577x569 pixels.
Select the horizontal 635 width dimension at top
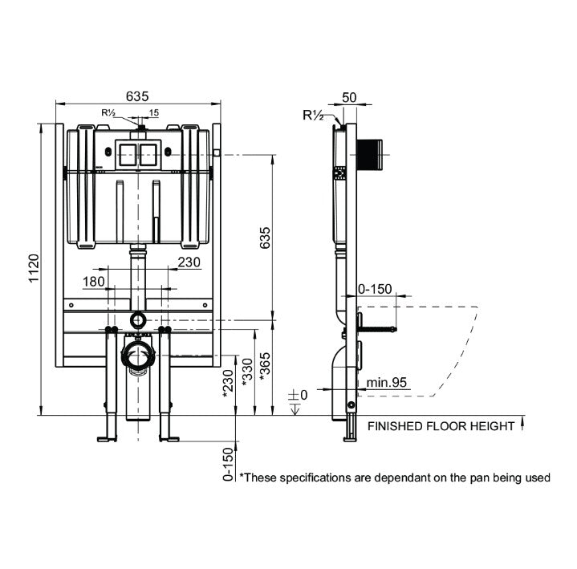137,95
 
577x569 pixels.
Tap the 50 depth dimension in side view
349,97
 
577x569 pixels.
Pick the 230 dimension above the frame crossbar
189,262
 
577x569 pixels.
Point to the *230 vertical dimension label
228,383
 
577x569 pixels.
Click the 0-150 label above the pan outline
374,288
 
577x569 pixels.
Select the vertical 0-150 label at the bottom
228,463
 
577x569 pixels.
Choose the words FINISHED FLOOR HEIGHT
441,427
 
